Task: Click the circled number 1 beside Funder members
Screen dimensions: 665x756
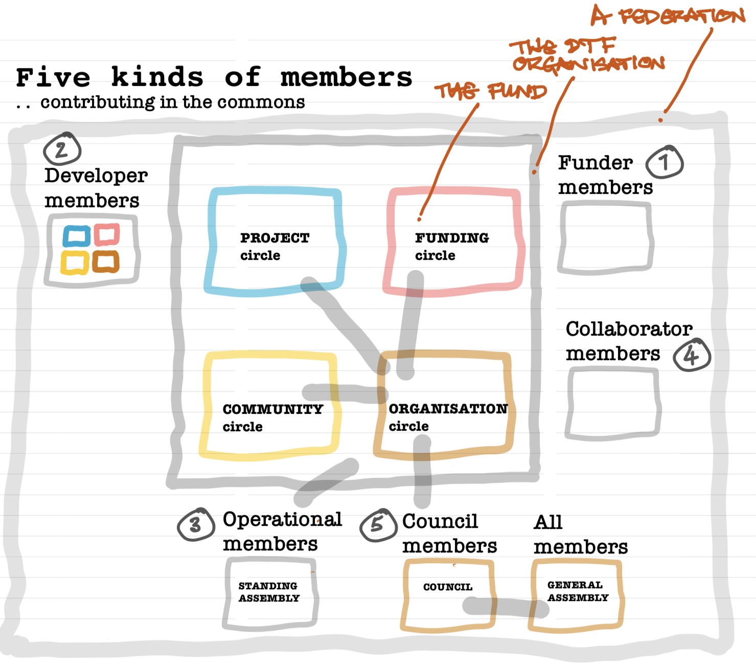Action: coord(665,162)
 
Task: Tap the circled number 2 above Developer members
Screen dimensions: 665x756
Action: coord(62,149)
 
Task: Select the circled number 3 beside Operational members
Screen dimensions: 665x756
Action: coord(195,525)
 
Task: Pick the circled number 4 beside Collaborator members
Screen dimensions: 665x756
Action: coord(692,354)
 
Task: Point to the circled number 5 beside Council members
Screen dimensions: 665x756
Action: coord(378,524)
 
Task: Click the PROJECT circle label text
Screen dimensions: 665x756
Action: coord(274,246)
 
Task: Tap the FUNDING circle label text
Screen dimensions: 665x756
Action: coord(451,246)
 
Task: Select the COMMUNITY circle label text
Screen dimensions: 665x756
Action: coord(272,417)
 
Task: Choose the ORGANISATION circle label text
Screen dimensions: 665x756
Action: coord(448,417)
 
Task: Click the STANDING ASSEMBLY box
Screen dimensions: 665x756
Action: coord(270,592)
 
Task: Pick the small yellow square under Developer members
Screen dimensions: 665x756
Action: coord(75,262)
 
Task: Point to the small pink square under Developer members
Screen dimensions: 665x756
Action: coord(107,235)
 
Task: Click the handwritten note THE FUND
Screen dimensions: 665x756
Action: coord(490,92)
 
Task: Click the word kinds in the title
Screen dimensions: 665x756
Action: coord(157,78)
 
